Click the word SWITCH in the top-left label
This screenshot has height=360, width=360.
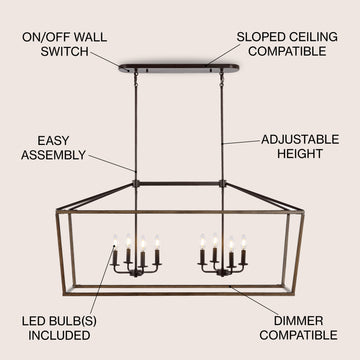pos(65,52)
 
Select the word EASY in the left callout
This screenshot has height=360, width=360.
pos(53,141)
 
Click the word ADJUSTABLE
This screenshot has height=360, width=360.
pos(300,139)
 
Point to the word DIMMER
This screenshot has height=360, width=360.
pos(298,321)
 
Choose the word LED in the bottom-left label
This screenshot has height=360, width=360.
pos(34,321)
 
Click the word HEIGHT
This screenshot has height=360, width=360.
pos(300,154)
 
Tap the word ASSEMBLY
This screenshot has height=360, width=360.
pos(53,155)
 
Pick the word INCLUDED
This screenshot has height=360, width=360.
pos(59,336)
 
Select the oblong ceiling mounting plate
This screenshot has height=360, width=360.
pos(179,68)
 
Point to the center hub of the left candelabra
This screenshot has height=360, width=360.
pos(136,273)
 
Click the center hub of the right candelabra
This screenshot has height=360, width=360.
pos(222,273)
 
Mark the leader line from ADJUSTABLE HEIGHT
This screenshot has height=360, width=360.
pos(241,142)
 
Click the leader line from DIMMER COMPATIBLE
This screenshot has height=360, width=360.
pos(254,301)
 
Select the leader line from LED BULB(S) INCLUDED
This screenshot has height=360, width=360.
pos(103,279)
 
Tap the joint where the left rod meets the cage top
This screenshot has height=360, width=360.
pos(136,183)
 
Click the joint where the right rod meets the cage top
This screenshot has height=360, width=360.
pos(222,183)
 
